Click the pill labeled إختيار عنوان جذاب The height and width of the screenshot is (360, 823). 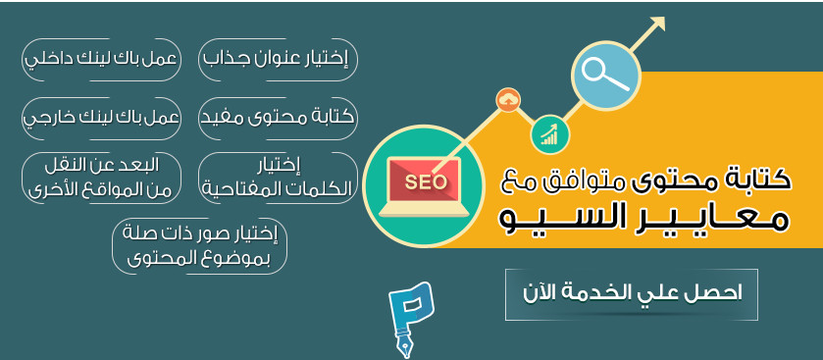coord(278,59)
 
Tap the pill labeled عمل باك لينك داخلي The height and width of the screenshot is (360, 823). coord(101,59)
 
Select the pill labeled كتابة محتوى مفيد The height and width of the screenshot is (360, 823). coord(278,117)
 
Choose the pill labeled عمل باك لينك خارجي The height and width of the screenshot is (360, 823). coord(101,117)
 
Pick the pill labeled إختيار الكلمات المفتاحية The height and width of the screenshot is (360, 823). coord(278,176)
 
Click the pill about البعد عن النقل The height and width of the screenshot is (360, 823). coord(101,176)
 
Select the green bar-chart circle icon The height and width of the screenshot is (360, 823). coord(550,133)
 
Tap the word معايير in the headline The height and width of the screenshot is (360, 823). coord(723,217)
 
